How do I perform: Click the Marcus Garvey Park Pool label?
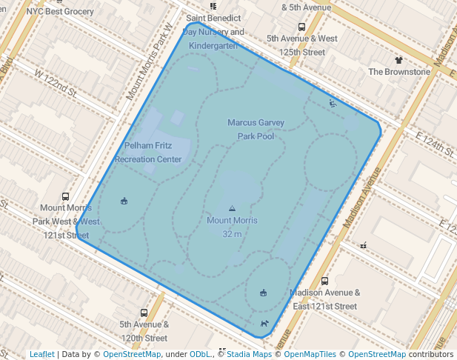[256, 129]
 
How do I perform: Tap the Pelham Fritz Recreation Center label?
[148, 153]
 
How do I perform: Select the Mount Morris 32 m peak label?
[232, 227]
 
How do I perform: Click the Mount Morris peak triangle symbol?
[232, 209]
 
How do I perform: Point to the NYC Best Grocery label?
[60, 12]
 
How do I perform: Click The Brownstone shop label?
[399, 72]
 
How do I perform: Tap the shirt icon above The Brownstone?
[398, 59]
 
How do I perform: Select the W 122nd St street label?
[56, 81]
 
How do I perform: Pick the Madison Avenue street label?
[361, 197]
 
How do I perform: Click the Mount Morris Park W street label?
[148, 61]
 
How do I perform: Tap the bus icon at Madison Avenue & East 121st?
[325, 281]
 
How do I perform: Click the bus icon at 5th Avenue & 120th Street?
[144, 313]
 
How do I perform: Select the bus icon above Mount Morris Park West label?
[65, 197]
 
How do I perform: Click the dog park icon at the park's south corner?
[264, 324]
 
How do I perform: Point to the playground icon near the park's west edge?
[124, 200]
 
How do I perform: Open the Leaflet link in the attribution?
[42, 354]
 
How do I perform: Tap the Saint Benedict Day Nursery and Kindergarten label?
[213, 31]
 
